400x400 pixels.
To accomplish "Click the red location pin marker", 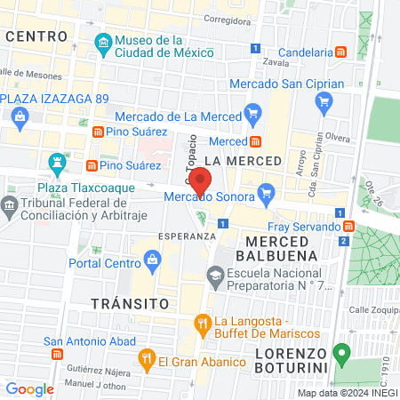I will (x=201, y=180).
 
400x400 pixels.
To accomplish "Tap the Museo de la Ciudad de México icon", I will (x=103, y=42).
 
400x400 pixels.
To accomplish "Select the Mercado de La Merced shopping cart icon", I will (x=253, y=112).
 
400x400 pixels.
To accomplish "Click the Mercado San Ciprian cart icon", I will (x=325, y=101).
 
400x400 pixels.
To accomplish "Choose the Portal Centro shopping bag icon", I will (x=151, y=260).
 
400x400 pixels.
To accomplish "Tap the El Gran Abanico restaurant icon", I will (x=147, y=359).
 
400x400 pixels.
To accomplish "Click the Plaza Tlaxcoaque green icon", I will (x=59, y=162).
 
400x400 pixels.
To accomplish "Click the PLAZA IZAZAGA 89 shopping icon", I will (x=20, y=115).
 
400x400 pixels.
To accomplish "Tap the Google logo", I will (x=29, y=388).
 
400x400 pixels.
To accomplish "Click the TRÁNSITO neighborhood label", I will (x=130, y=303).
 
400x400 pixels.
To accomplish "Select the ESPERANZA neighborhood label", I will (x=187, y=236).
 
